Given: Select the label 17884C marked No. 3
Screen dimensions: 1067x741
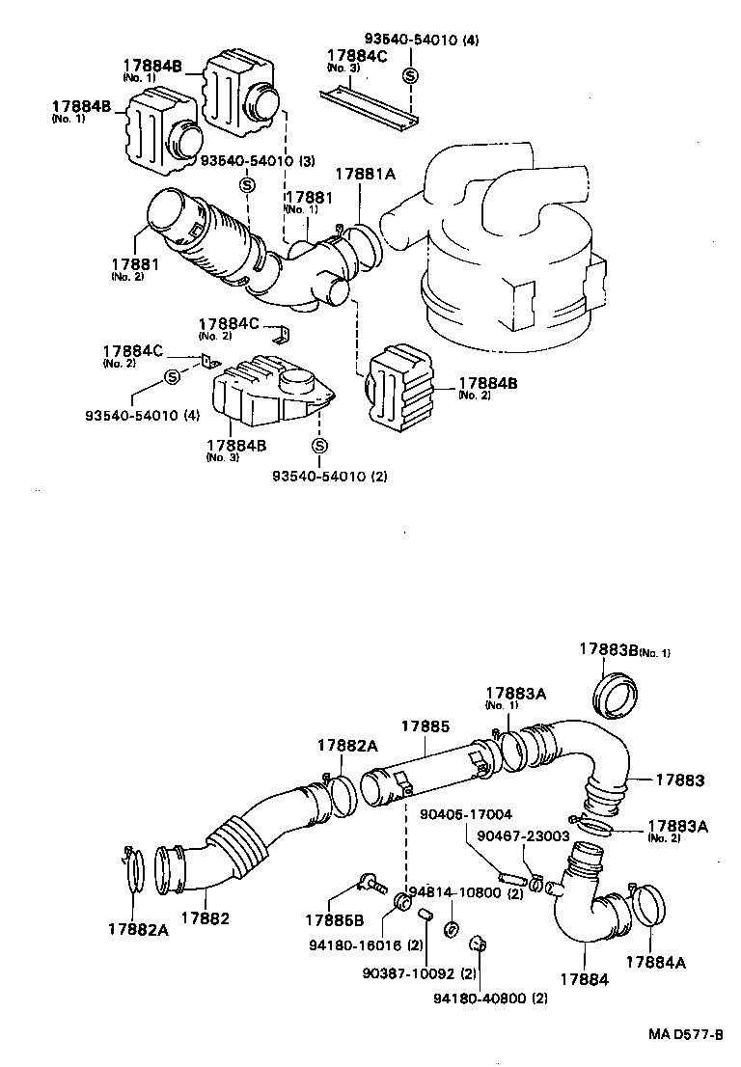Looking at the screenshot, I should click(x=357, y=56).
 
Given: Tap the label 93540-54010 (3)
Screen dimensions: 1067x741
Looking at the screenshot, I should click(x=245, y=160).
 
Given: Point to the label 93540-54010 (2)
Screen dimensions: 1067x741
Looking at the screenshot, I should click(x=329, y=477).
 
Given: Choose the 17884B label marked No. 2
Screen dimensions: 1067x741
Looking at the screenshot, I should click(x=487, y=383).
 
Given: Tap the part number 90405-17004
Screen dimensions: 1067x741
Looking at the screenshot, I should click(x=466, y=813).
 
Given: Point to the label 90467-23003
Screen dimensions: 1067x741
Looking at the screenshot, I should click(x=523, y=836).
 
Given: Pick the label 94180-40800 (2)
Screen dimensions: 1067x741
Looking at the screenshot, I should click(x=490, y=998).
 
